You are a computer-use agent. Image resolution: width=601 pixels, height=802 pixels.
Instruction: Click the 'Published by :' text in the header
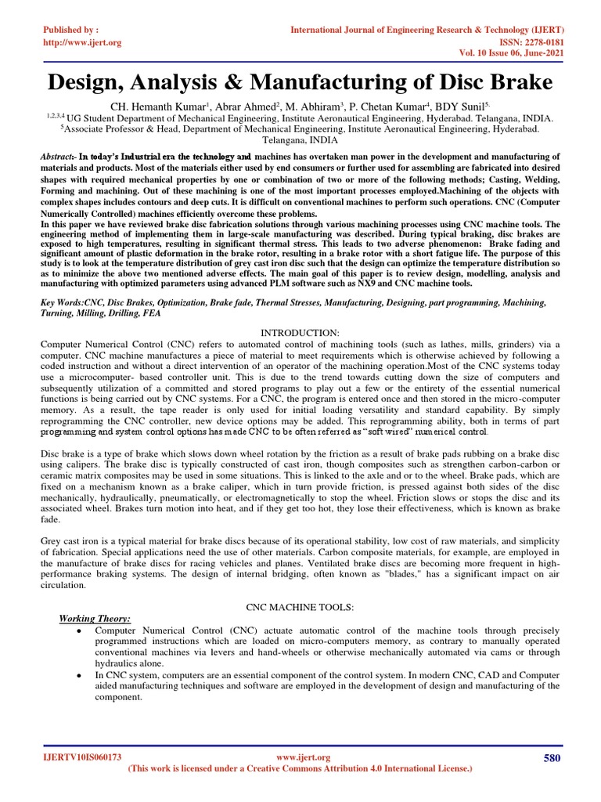[71, 29]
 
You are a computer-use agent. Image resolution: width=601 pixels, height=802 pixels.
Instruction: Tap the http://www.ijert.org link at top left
[82, 42]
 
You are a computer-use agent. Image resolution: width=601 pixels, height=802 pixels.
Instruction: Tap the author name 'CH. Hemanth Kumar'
[157, 106]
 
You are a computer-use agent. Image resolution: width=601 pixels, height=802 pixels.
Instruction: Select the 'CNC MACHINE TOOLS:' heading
[300, 607]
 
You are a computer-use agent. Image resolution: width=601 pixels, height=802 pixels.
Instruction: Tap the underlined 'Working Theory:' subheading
[95, 618]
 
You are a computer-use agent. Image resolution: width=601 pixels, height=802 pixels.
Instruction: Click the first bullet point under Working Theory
[82, 630]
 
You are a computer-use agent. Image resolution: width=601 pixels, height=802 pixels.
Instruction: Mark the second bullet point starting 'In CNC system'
[82, 674]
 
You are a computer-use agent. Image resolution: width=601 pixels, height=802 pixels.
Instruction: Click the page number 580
[552, 757]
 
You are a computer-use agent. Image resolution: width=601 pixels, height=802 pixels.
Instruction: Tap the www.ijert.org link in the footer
[304, 757]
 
